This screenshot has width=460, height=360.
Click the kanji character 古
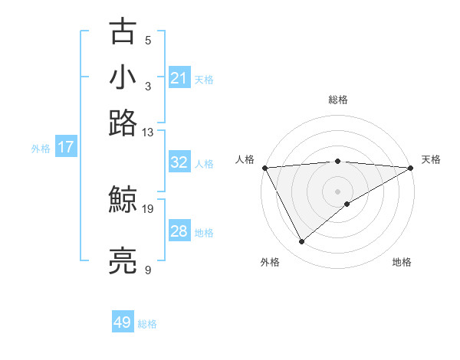123,31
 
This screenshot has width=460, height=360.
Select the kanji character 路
123,122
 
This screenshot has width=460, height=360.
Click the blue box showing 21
179,77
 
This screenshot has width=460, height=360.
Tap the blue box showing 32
179,162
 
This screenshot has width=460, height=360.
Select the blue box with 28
179,231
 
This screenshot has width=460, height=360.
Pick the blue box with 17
66,147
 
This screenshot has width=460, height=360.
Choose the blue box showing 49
123,322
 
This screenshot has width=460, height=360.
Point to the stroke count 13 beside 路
148,132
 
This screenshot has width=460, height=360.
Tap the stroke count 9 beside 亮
148,270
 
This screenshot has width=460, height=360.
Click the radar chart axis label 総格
338,100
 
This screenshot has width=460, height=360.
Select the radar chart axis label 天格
431,159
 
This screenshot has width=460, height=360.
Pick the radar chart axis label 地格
402,262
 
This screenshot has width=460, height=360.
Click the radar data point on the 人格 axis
264,168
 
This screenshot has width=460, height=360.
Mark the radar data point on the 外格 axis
301,242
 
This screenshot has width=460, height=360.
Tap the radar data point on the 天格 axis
411,168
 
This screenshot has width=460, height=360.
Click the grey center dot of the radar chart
338,191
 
